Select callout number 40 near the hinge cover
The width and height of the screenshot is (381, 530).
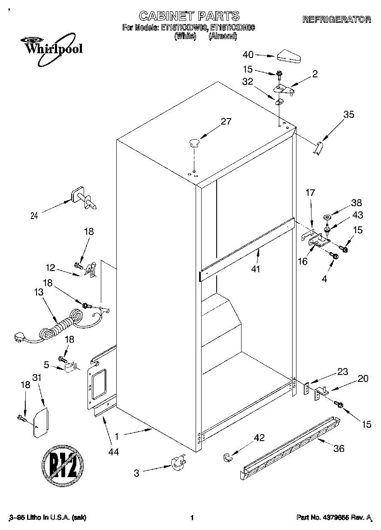(x=248, y=55)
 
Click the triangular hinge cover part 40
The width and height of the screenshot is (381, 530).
(x=290, y=56)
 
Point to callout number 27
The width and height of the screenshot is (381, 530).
(x=226, y=122)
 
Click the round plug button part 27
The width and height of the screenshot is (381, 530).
(x=194, y=141)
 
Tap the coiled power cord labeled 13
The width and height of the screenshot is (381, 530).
(x=60, y=324)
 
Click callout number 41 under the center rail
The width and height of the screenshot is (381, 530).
(x=257, y=269)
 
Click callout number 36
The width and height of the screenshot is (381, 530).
(x=339, y=449)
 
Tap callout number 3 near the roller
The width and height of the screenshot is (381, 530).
(x=136, y=474)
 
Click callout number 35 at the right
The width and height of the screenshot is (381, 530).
(x=349, y=115)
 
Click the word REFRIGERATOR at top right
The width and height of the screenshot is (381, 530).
(x=336, y=19)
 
